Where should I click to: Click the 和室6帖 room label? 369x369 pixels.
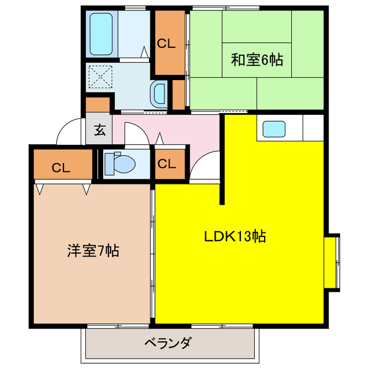pos(257,59)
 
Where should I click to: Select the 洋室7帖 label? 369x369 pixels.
pos(93,251)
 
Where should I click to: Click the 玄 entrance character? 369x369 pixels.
pos(99,130)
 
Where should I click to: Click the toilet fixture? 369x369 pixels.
pos(121,164)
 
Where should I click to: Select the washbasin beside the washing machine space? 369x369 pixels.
pos(159,93)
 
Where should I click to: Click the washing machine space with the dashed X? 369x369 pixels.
pos(102,76)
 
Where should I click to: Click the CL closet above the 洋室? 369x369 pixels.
pos(61,168)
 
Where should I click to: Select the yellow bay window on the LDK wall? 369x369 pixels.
pos(332,261)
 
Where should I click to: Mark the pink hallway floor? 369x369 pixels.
pos(173,130)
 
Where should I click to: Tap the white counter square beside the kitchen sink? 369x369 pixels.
pos(312,127)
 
